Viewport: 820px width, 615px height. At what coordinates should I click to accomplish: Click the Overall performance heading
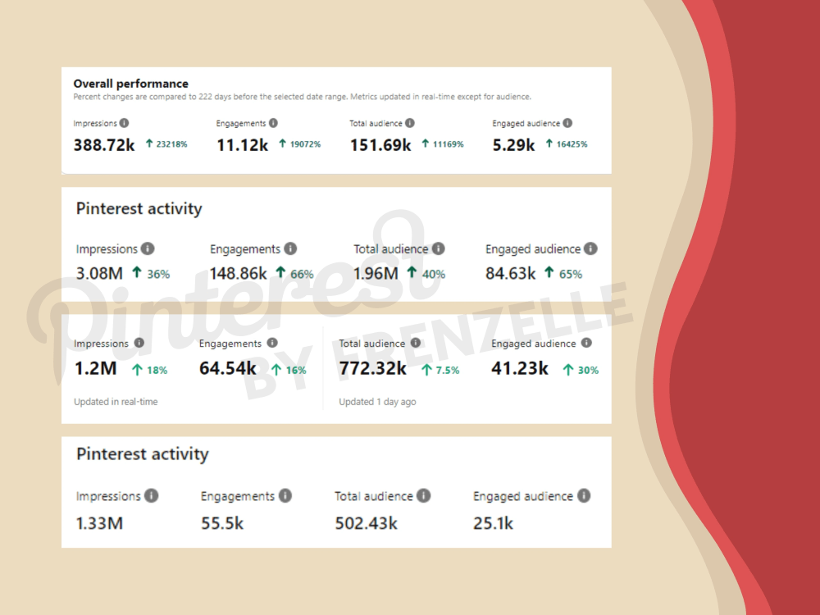(x=130, y=84)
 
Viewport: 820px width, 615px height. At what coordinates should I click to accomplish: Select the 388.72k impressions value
(x=104, y=145)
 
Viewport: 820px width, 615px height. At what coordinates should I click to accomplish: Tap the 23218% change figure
(x=171, y=144)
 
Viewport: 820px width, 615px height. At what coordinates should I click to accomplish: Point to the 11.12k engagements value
(x=242, y=145)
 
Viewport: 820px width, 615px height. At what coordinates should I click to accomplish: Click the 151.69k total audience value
(x=380, y=145)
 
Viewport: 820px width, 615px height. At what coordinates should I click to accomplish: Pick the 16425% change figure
(x=572, y=144)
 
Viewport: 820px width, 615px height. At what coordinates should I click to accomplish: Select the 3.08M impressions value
(x=99, y=274)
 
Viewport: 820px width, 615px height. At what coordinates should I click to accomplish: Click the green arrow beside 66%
(x=280, y=272)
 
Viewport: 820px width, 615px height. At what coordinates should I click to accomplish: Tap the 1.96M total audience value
(x=376, y=274)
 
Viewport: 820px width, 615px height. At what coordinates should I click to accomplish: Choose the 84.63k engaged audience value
(x=510, y=274)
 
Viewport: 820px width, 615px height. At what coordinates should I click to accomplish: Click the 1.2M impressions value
(x=96, y=369)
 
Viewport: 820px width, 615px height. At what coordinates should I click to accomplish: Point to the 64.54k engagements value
(x=228, y=369)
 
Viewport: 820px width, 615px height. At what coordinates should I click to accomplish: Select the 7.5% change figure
(x=448, y=371)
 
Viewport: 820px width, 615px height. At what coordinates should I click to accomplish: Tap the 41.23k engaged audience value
(x=520, y=369)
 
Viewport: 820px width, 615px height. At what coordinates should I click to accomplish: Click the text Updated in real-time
(x=116, y=402)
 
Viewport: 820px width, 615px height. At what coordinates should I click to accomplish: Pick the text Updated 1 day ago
(x=377, y=402)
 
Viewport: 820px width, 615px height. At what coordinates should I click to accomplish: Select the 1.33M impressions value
(x=99, y=523)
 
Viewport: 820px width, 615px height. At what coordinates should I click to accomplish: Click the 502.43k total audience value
(x=366, y=523)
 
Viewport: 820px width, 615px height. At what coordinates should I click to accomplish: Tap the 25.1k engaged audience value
(x=493, y=523)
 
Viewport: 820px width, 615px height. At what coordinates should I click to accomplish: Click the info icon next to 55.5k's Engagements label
(x=285, y=495)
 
